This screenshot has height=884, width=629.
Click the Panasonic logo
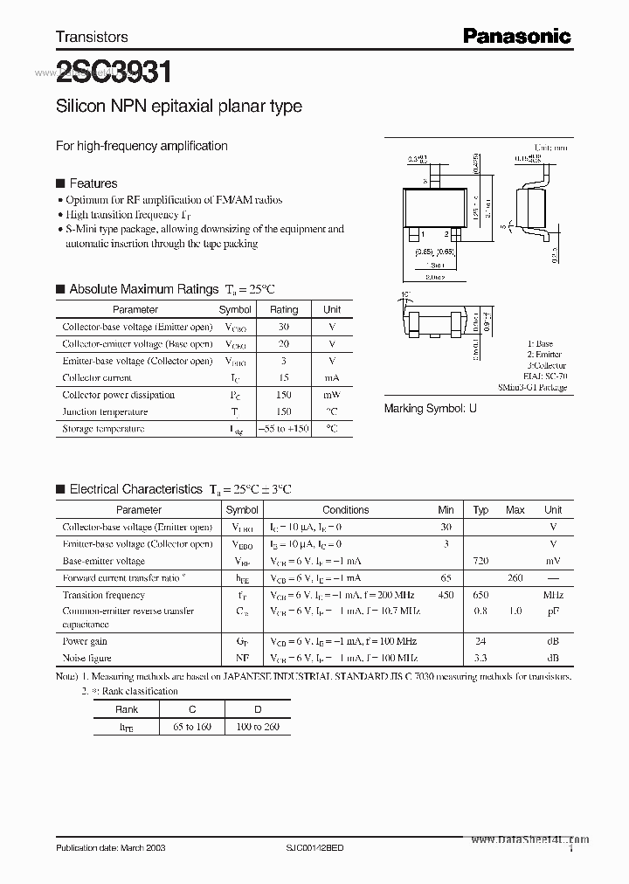(x=516, y=36)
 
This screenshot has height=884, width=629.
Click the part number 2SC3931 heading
(x=114, y=73)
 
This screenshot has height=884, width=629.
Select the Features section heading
(x=93, y=183)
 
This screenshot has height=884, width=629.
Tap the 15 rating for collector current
(x=283, y=377)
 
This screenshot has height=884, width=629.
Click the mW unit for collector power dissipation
(x=332, y=395)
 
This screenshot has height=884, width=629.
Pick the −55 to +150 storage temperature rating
(x=283, y=429)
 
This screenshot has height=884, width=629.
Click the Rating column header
(x=283, y=309)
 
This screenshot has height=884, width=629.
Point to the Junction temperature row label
(x=105, y=411)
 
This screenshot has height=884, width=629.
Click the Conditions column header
(x=345, y=510)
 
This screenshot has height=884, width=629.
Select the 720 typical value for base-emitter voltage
(x=480, y=561)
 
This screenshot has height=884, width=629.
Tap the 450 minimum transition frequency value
(x=446, y=595)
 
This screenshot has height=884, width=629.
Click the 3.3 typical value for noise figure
(x=480, y=658)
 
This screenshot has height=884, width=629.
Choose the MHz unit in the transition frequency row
(x=552, y=595)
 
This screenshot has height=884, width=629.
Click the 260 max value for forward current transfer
(x=515, y=577)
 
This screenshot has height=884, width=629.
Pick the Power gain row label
(x=86, y=641)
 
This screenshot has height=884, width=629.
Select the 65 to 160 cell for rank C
(x=191, y=727)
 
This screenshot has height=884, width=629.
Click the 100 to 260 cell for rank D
(x=258, y=727)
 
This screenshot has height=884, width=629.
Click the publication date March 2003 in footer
(x=110, y=848)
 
